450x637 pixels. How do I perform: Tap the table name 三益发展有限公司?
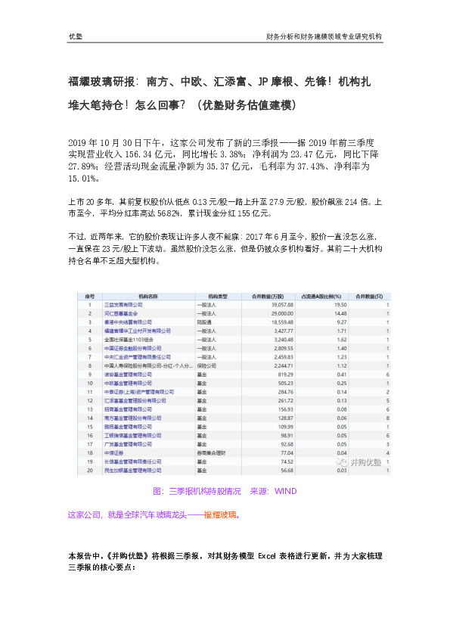pyautogui.click(x=126, y=303)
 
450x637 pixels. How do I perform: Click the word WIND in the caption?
pyautogui.click(x=286, y=491)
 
